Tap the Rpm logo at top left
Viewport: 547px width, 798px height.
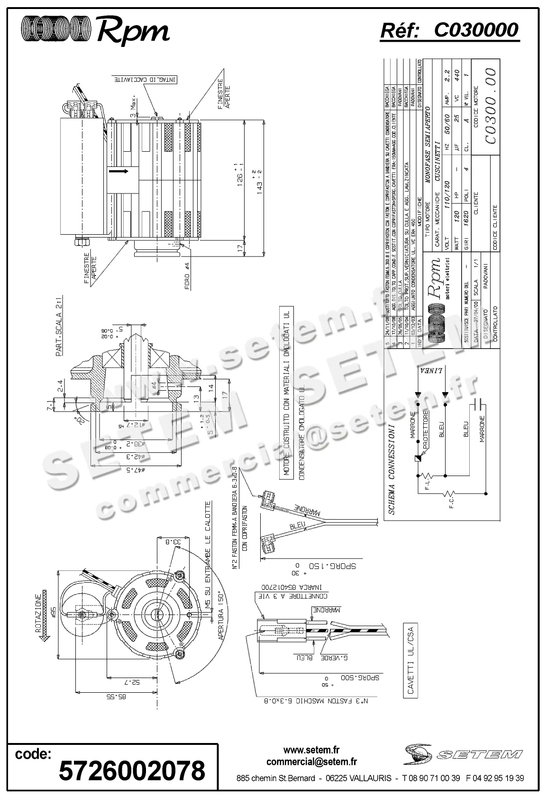pyautogui.click(x=95, y=31)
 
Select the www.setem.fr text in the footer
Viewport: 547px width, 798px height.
pyautogui.click(x=311, y=750)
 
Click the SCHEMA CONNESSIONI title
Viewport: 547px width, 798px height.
pyautogui.click(x=392, y=469)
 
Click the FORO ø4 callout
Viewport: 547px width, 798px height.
pyautogui.click(x=187, y=275)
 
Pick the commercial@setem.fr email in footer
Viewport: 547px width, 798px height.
pyautogui.click(x=311, y=762)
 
